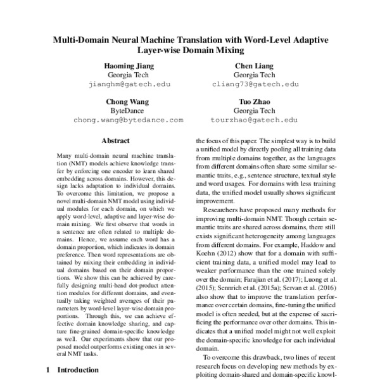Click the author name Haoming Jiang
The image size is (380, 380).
tap(129, 66)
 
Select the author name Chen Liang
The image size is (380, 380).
tap(252, 66)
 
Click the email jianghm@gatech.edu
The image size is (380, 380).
tap(129, 84)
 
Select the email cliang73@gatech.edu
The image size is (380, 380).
tap(252, 84)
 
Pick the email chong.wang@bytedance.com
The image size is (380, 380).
tap(129, 120)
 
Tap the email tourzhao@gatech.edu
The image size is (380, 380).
tap(252, 120)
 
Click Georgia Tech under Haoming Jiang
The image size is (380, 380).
tap(129, 75)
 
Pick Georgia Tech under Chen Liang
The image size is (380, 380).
tap(252, 75)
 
